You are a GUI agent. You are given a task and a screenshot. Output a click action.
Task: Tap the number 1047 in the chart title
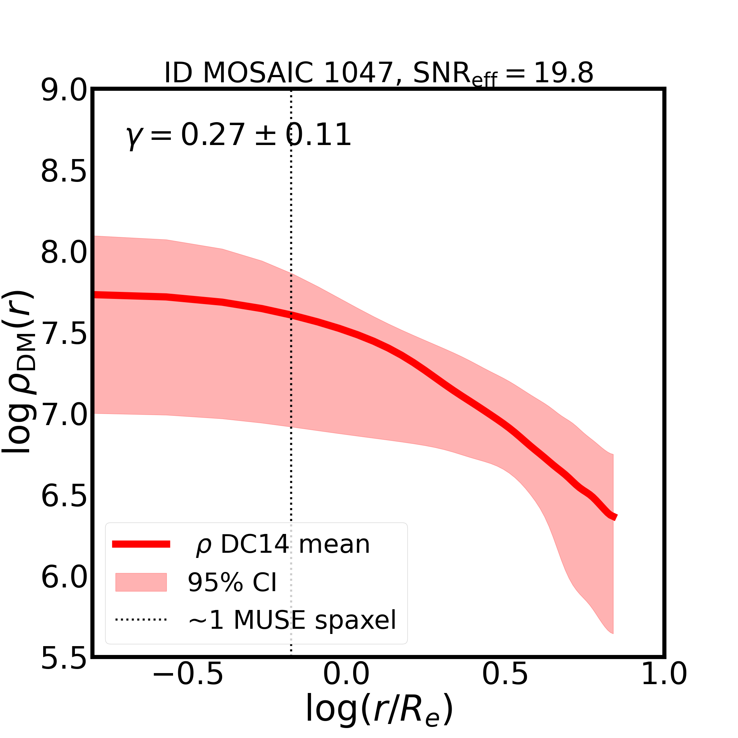tap(358, 73)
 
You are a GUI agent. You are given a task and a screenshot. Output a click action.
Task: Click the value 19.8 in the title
tap(563, 73)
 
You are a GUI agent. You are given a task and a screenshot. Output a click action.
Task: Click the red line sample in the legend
tap(141, 544)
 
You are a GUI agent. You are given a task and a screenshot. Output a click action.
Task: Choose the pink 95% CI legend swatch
tap(141, 583)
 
